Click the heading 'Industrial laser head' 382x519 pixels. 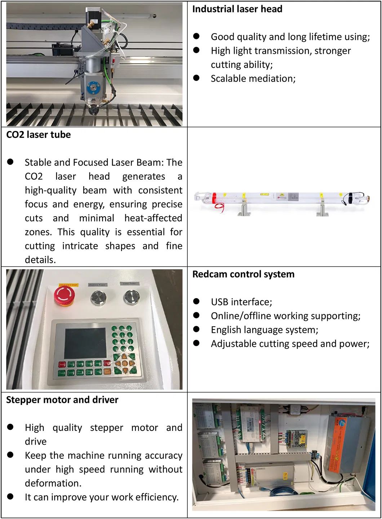(237, 9)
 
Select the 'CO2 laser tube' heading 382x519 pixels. (39, 135)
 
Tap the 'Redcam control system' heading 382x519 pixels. (243, 274)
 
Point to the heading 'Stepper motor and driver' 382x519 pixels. (62, 400)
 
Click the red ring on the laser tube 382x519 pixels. (214, 198)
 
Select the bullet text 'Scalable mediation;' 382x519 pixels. (253, 79)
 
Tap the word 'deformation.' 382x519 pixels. (53, 483)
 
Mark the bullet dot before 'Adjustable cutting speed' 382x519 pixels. (196, 343)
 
